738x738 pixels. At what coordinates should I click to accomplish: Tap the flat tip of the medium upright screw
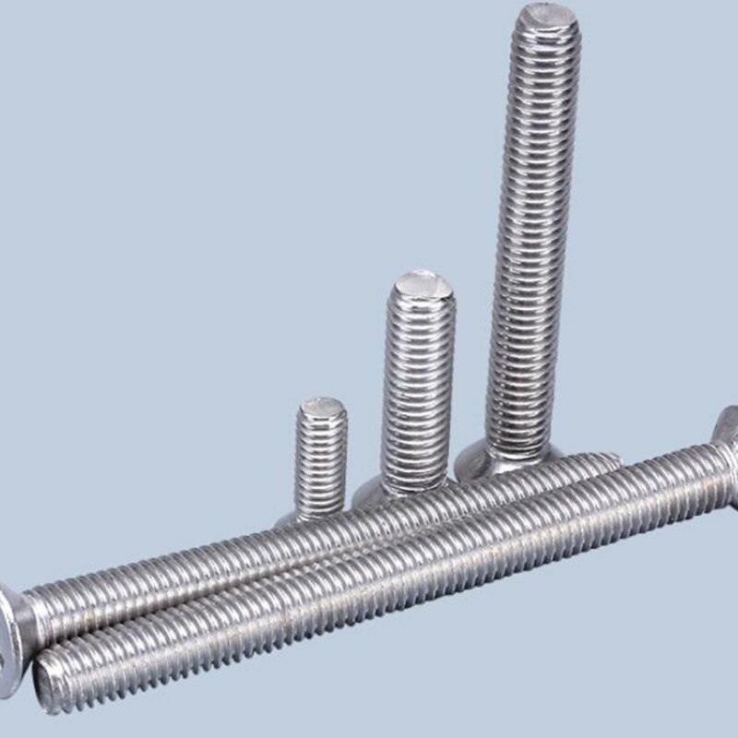pos(421,285)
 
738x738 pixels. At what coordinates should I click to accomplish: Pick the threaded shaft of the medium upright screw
pos(418,387)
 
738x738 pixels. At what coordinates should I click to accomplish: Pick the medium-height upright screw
pos(418,387)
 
